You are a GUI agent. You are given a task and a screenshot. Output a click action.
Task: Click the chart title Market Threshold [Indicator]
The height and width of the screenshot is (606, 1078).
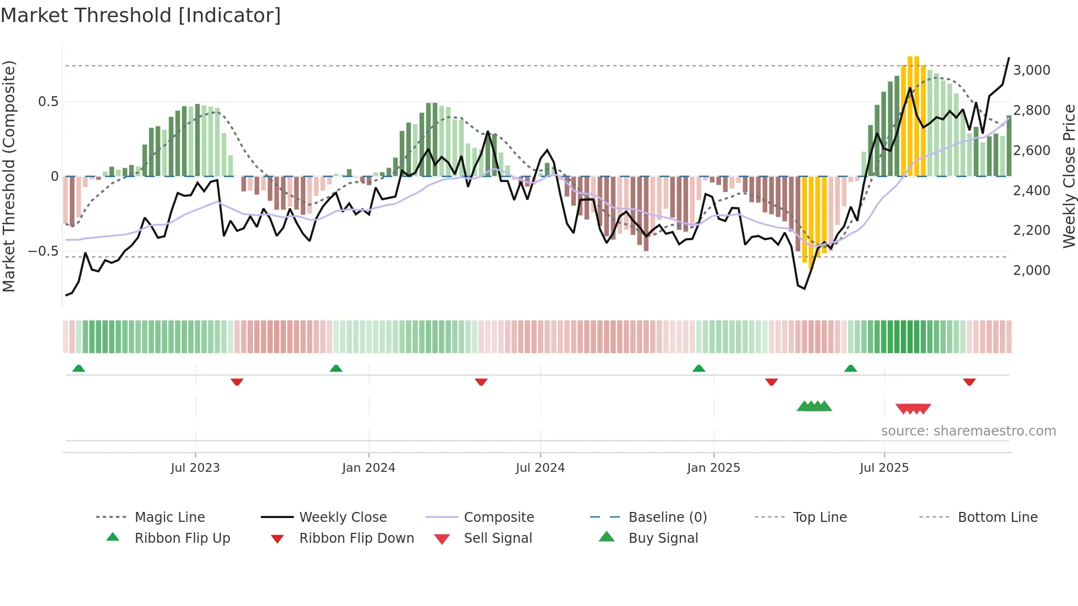click(x=141, y=15)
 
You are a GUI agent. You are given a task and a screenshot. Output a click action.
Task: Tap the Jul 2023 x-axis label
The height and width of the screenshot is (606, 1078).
click(x=195, y=468)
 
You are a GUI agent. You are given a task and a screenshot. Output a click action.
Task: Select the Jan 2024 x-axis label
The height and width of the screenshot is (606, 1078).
click(x=369, y=468)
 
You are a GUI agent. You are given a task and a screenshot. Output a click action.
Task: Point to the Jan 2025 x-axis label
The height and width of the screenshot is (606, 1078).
click(x=713, y=468)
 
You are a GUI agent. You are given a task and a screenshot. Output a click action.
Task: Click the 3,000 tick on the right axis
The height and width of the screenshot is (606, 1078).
click(x=1032, y=70)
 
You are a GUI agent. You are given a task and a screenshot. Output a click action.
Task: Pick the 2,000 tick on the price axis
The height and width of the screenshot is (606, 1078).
click(x=1032, y=271)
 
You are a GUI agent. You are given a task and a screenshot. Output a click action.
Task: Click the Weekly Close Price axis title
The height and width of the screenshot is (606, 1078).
click(x=1069, y=176)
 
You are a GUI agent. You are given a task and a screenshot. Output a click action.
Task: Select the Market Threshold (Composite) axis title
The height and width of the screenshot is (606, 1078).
click(x=9, y=176)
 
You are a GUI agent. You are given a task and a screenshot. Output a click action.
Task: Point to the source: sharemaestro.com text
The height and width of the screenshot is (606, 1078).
click(x=968, y=431)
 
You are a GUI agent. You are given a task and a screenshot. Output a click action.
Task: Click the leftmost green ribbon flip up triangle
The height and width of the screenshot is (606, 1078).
click(x=79, y=368)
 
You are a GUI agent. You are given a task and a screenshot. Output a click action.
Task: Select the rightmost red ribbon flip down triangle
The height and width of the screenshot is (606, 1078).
click(x=969, y=382)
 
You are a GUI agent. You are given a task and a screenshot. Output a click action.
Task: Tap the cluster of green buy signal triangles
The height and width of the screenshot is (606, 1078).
click(x=814, y=406)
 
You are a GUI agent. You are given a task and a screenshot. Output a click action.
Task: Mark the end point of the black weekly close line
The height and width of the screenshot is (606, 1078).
click(x=1009, y=58)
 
